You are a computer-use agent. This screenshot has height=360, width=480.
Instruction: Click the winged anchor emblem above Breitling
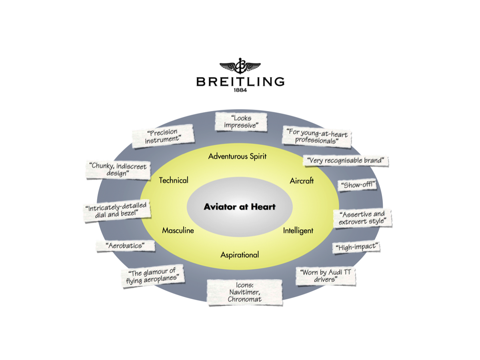240,66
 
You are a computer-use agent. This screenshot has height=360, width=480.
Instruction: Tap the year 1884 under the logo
240,90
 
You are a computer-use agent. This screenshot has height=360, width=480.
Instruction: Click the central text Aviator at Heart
240,207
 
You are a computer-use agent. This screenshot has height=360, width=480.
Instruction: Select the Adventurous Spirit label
237,156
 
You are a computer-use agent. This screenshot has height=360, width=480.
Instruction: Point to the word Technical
174,180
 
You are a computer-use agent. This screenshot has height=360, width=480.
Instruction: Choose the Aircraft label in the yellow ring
302,181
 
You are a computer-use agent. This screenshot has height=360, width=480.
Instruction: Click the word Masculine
178,230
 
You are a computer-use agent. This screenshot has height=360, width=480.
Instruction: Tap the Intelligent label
298,231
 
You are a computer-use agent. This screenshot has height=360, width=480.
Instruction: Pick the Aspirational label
240,255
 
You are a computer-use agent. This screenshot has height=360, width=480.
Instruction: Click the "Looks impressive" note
241,122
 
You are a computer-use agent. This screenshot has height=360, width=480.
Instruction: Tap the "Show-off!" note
357,185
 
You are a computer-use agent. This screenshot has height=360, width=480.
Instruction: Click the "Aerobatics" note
126,246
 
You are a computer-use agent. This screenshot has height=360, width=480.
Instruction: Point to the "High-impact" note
356,247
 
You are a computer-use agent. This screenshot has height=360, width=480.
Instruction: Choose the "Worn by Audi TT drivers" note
326,276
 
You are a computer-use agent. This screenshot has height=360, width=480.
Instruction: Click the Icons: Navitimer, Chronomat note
244,292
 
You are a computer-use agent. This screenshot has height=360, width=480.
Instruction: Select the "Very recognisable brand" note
346,161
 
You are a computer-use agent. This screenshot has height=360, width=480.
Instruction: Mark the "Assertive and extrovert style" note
362,218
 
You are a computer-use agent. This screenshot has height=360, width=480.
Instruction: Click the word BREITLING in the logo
240,81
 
